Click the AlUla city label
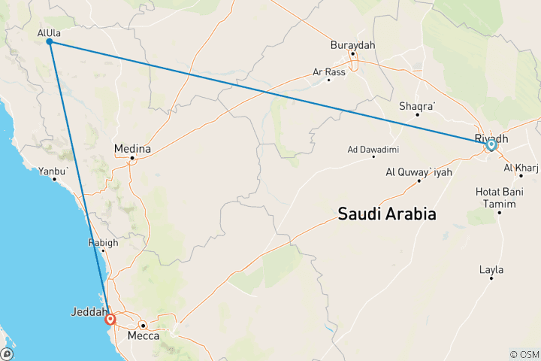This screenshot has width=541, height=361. [49, 32]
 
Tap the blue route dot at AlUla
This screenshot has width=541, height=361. [49, 42]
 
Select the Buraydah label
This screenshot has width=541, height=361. [352, 45]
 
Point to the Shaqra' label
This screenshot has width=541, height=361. [417, 106]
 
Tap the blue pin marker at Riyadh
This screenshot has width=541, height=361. [491, 144]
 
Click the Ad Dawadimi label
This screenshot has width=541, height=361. [373, 149]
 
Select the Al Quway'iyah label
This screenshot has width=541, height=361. [418, 171]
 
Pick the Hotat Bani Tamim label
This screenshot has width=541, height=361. [499, 197]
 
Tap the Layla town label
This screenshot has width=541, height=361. [491, 269]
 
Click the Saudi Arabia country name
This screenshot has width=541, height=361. [386, 214]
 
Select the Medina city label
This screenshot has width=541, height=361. [132, 149]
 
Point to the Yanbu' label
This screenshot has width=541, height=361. [56, 171]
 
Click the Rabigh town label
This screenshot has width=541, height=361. [102, 243]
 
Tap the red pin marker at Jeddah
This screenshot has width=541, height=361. [111, 320]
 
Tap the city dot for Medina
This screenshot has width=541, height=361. [132, 158]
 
